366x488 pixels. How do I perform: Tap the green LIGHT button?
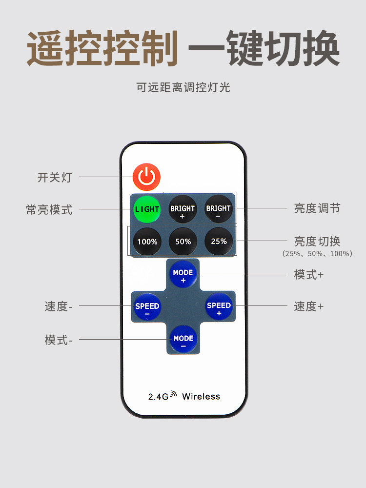click(x=147, y=209)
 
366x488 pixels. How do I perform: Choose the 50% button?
click(x=183, y=242)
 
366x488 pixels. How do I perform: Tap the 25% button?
click(x=218, y=241)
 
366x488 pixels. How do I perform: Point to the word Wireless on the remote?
click(x=201, y=396)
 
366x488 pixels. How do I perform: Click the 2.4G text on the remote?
click(x=158, y=397)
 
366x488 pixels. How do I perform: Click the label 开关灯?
click(x=55, y=177)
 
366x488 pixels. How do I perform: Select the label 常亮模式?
click(x=49, y=210)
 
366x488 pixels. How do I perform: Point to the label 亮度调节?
click(x=317, y=208)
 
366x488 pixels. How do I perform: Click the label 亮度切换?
click(x=317, y=241)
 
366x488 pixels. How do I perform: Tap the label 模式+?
click(x=308, y=274)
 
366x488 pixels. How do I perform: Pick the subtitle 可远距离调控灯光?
click(x=183, y=87)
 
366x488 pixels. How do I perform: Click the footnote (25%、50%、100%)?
click(x=317, y=254)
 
